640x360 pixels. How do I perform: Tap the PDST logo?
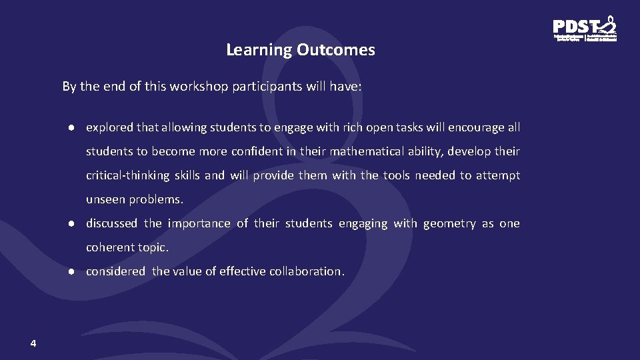coord(585,29)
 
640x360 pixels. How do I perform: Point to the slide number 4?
coord(33,343)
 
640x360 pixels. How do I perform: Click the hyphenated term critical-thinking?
coord(127,175)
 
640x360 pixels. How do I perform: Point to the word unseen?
coord(105,199)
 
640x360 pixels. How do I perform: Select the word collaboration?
coord(307,271)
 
